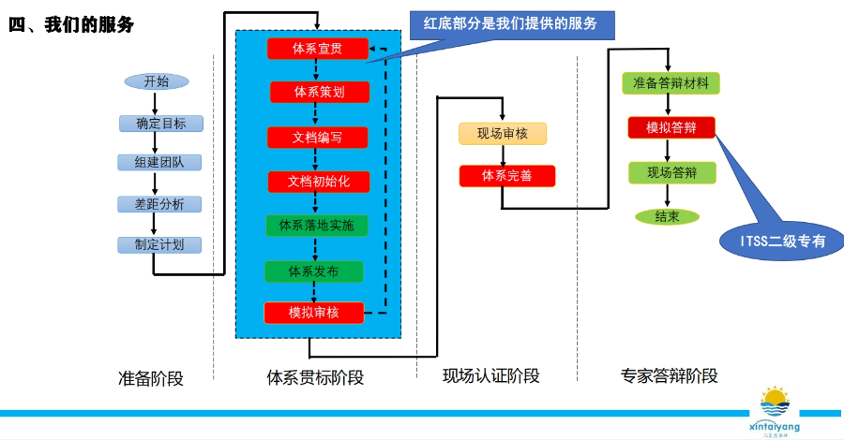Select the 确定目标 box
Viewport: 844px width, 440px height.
pyautogui.click(x=160, y=124)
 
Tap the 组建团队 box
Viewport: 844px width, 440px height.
pyautogui.click(x=159, y=163)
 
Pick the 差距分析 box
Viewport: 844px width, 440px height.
pyautogui.click(x=159, y=204)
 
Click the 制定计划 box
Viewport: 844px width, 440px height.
pyautogui.click(x=159, y=245)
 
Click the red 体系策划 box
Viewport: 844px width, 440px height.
pyautogui.click(x=320, y=92)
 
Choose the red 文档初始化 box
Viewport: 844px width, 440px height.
pyautogui.click(x=319, y=182)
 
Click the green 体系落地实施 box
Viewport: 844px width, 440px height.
pyautogui.click(x=317, y=226)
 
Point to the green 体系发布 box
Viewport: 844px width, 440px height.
pyautogui.click(x=313, y=271)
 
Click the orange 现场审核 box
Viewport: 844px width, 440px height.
pyautogui.click(x=503, y=134)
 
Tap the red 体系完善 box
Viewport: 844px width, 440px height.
pyautogui.click(x=506, y=176)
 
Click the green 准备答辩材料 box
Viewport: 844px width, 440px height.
pyautogui.click(x=671, y=82)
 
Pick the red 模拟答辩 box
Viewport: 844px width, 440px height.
pyautogui.click(x=671, y=127)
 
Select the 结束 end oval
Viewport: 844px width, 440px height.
pyautogui.click(x=667, y=216)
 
